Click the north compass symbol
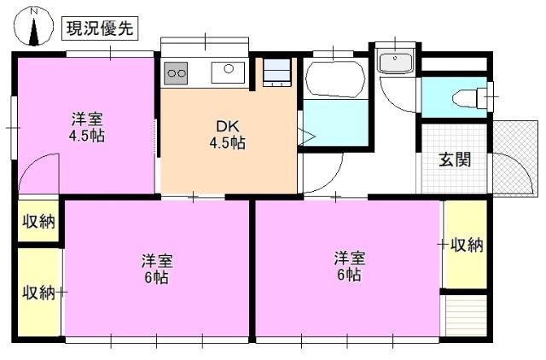pos(33,26)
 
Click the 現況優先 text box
pos(100,28)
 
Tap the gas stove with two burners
pos(176,73)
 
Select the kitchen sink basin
pos(228,73)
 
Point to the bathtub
pos(335,79)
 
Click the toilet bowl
pos(467,98)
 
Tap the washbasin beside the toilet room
pos(396,61)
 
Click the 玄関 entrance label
pos(455,160)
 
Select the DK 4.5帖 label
pos(228,135)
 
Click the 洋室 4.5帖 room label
pos(87,127)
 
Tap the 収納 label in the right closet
pos(468,245)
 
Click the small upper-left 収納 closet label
pos(38,221)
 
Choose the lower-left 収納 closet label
pos(38,293)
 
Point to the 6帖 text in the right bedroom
pos(349,275)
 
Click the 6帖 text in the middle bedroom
pos(157,277)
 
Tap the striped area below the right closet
pos(467,316)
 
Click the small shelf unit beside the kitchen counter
pos(276,73)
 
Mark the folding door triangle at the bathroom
pos(305,136)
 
